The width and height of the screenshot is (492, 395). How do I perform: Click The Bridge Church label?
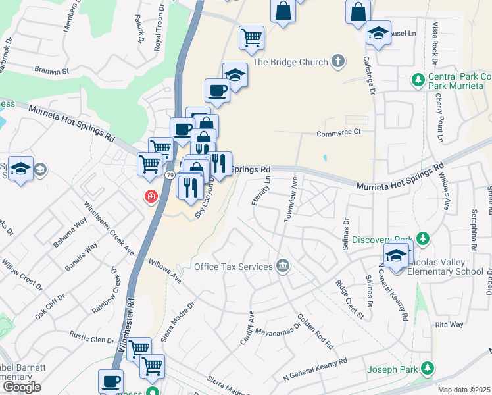pyautogui.click(x=290, y=62)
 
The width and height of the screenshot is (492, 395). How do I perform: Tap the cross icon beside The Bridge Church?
pyautogui.click(x=338, y=62)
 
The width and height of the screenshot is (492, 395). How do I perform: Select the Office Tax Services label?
pyautogui.click(x=233, y=267)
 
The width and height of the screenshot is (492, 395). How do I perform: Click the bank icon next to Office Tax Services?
pyautogui.click(x=283, y=267)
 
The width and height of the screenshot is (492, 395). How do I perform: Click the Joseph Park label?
pyautogui.click(x=393, y=369)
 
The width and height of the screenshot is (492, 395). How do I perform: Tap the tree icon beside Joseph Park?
pyautogui.click(x=428, y=367)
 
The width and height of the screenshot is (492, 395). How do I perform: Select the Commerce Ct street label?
pyautogui.click(x=339, y=132)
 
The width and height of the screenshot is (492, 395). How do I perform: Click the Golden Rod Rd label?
pyautogui.click(x=315, y=331)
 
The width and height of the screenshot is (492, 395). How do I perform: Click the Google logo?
pyautogui.click(x=22, y=386)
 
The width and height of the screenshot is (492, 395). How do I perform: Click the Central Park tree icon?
pyautogui.click(x=417, y=80)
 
